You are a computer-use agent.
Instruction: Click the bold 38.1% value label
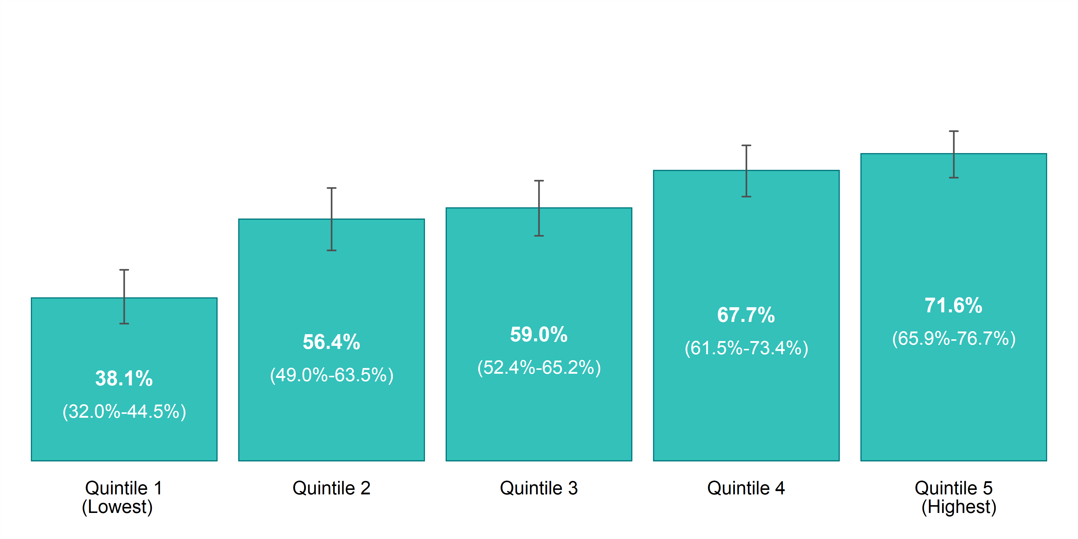coord(124,378)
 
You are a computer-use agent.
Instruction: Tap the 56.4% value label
coord(331,342)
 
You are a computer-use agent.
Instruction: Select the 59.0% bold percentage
coord(539,334)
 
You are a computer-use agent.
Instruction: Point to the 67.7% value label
coord(746,315)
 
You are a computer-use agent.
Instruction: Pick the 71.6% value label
coord(953,305)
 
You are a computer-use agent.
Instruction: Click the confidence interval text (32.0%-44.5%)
coord(124,412)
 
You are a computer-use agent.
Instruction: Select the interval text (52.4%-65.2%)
coord(539,368)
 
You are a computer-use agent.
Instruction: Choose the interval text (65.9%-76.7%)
coord(954,339)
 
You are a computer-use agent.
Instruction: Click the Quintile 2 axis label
coord(331,488)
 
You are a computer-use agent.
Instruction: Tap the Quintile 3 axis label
coord(539,488)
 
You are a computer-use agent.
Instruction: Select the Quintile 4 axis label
coord(746,488)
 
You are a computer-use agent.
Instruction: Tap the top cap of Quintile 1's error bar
coord(124,270)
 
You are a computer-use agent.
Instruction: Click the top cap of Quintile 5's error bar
coord(954,131)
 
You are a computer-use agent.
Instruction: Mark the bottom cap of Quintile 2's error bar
coord(331,250)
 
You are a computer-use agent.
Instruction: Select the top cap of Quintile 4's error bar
coord(746,146)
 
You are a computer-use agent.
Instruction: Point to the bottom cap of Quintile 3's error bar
coord(539,236)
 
